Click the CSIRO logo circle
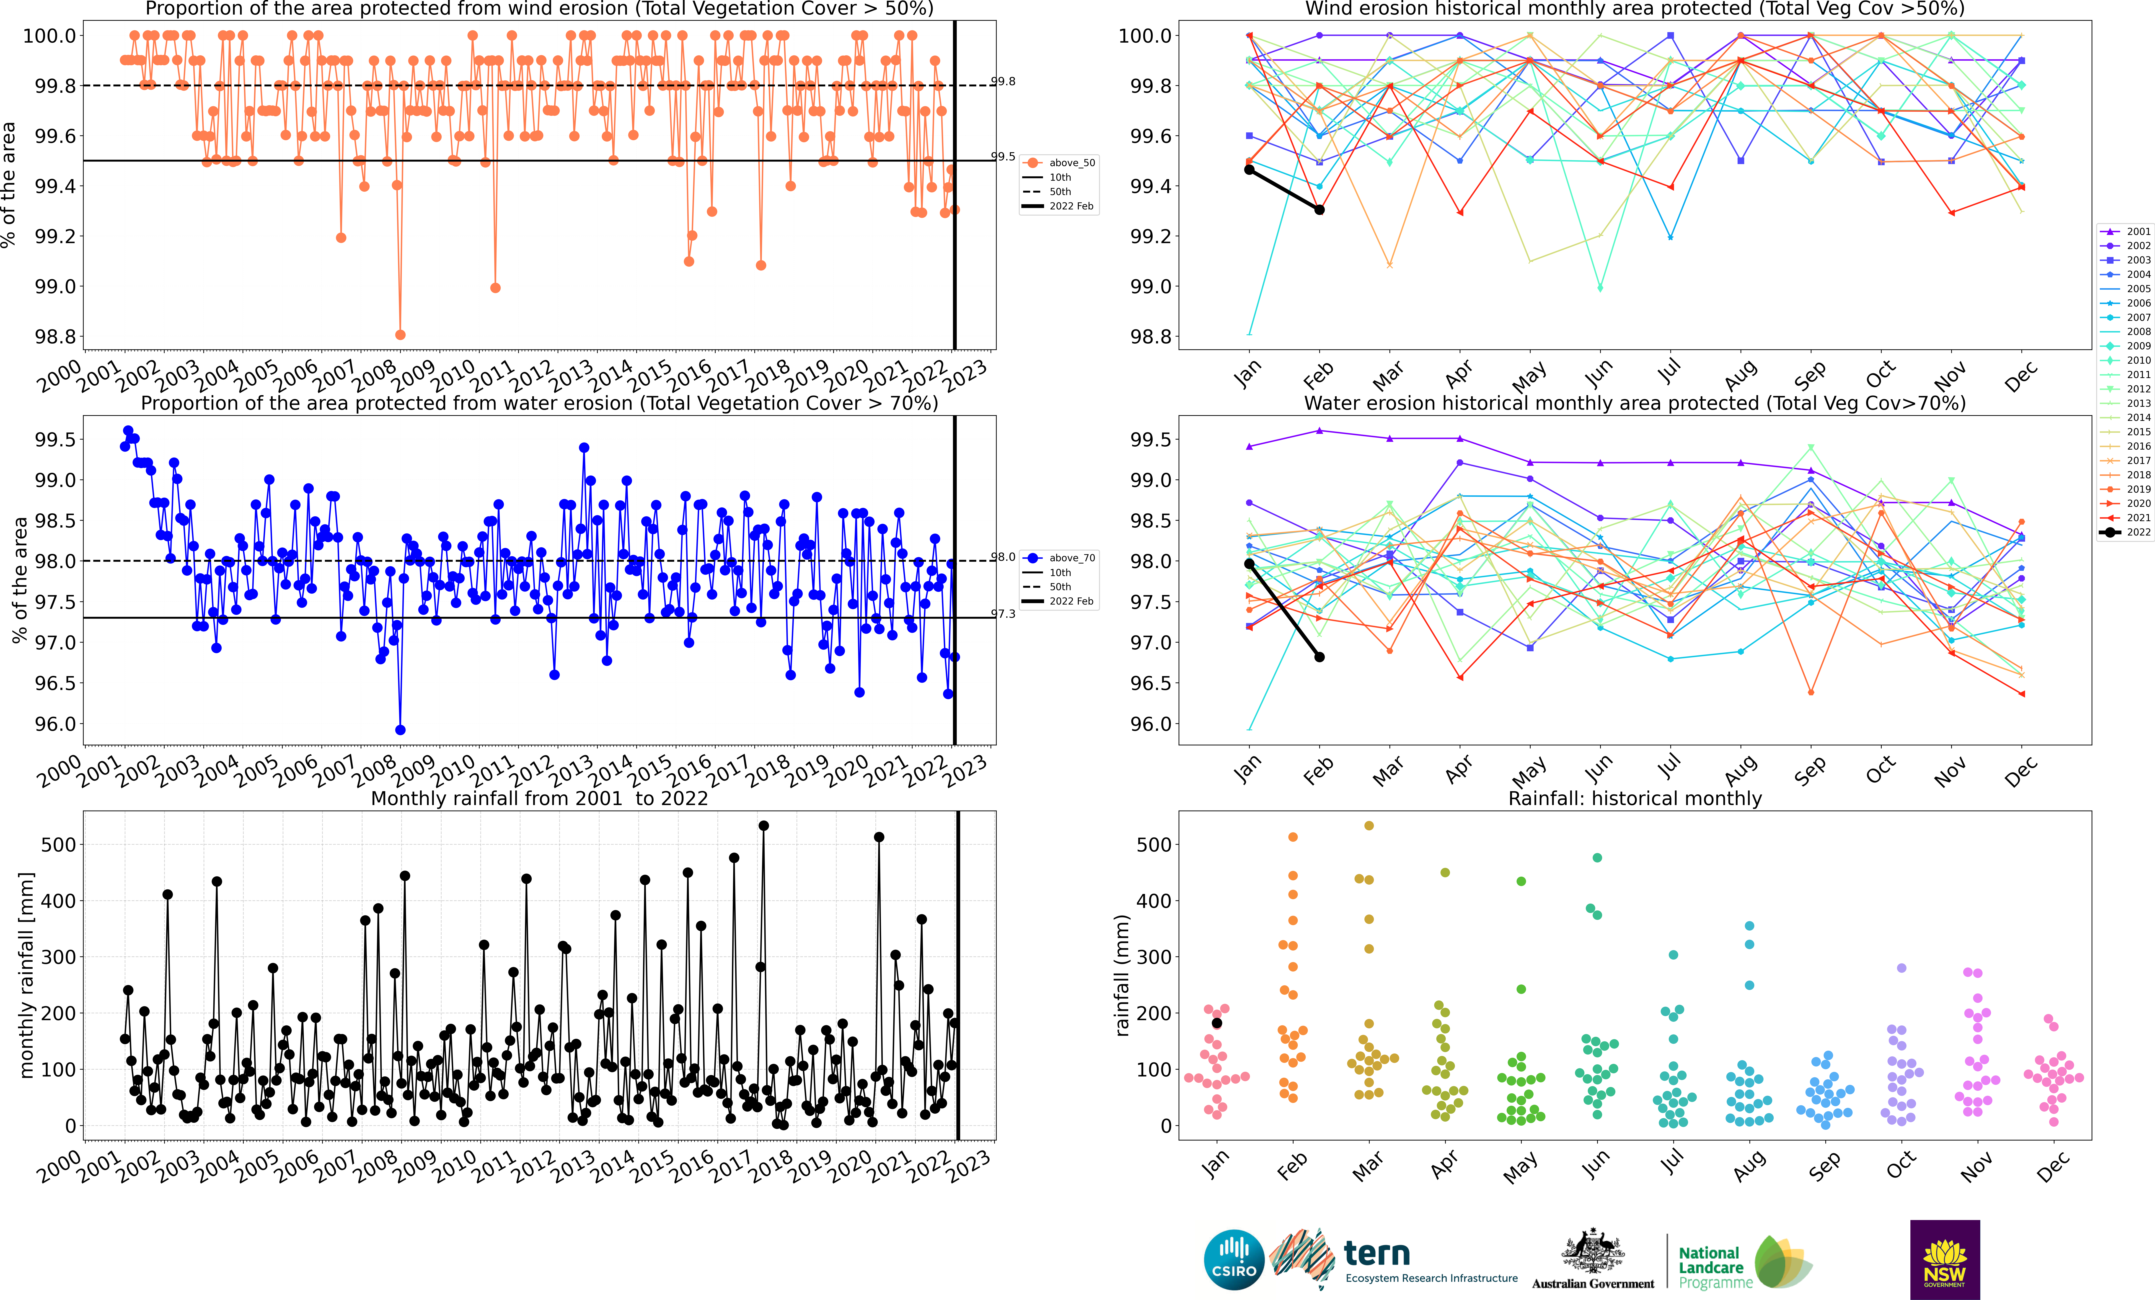[x=1234, y=1260]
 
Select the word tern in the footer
[x=1377, y=1254]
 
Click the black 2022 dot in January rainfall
[x=1216, y=1023]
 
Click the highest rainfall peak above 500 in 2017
[x=763, y=825]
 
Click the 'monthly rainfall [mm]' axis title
[x=26, y=975]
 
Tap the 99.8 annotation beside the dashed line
[x=1003, y=81]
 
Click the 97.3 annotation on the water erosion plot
[x=1003, y=614]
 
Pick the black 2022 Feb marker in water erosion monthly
[x=1320, y=656]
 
